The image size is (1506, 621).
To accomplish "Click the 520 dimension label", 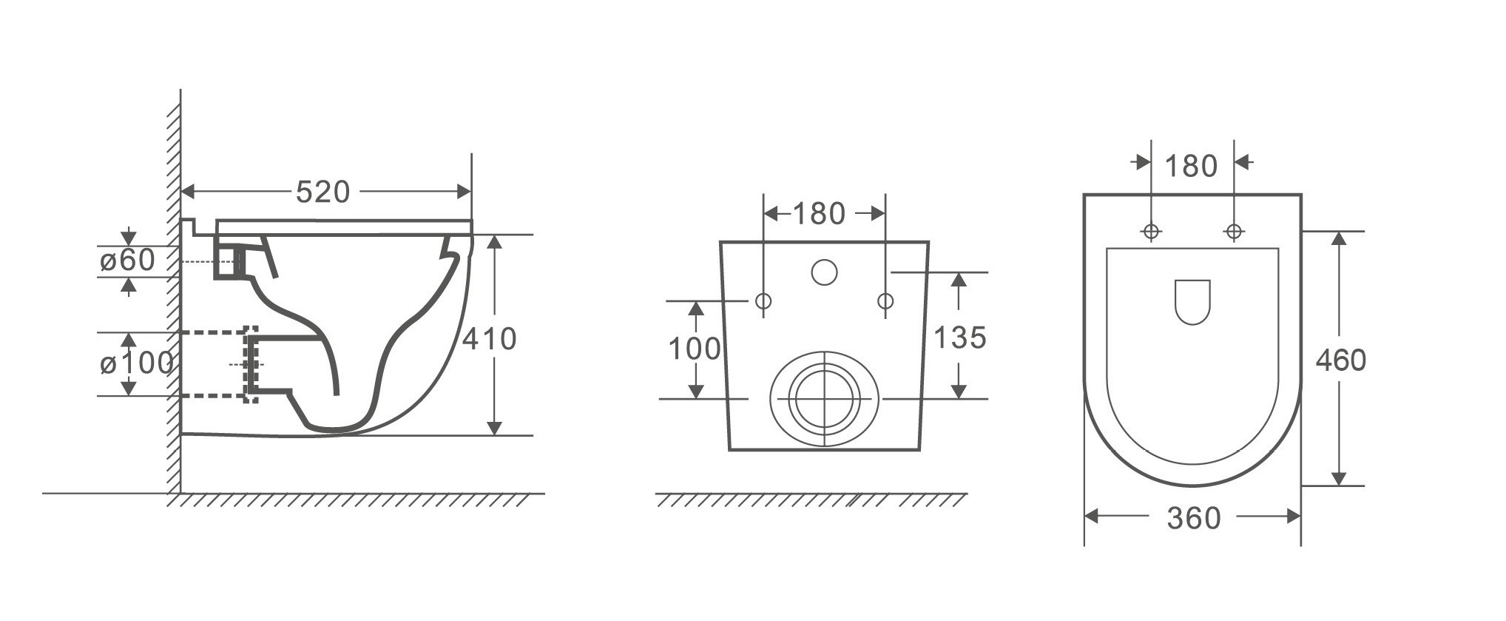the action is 323,192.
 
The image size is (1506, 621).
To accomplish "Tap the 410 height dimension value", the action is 490,339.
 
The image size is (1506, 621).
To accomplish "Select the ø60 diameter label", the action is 127,261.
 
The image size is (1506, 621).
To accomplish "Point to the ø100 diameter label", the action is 137,363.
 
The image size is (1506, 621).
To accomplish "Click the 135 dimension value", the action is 960,338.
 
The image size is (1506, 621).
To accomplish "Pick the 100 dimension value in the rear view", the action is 695,349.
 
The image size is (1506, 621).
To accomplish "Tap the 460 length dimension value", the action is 1341,360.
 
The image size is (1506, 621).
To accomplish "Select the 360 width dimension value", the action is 1194,519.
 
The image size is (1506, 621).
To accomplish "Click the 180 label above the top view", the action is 1191,167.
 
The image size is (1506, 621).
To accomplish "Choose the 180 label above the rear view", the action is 819,214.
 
